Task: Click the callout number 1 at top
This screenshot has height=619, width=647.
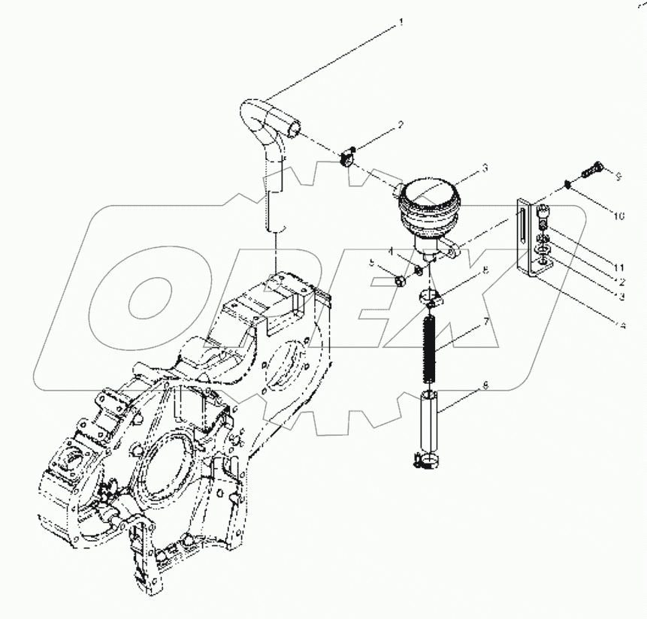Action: click(401, 23)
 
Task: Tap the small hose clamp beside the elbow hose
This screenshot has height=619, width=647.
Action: click(346, 158)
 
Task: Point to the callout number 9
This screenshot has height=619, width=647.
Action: click(618, 177)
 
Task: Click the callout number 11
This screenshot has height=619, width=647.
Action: click(617, 267)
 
